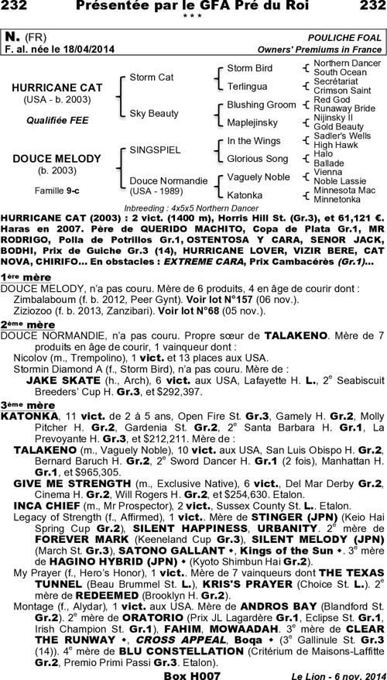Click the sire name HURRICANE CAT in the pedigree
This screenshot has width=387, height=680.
pos(57,88)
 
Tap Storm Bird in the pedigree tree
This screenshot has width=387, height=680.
pos(249,68)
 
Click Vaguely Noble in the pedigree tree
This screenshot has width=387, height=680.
pos(258,177)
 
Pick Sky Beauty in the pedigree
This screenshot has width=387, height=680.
pos(154,113)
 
